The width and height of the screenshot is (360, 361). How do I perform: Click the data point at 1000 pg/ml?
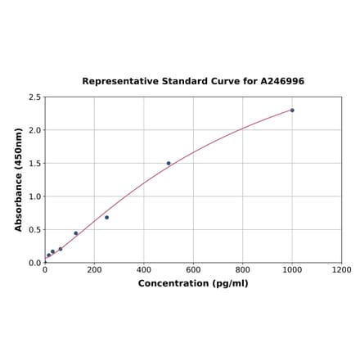pos(292,110)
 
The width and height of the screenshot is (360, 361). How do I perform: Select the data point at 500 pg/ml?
pos(169,163)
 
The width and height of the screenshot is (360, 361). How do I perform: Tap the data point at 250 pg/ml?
pos(106,217)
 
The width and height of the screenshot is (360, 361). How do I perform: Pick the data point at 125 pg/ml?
pos(76,233)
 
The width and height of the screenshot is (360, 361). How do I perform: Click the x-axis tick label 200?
pos(94,270)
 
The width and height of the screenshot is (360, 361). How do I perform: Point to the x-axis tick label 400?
pos(144,270)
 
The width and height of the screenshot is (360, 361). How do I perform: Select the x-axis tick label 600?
pos(193,270)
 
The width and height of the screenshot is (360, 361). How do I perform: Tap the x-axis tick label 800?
pos(243,270)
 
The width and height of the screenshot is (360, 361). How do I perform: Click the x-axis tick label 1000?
pos(292,270)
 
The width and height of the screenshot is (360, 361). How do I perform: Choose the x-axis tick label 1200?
pos(341,270)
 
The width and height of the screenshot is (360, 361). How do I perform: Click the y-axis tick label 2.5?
pos(35,97)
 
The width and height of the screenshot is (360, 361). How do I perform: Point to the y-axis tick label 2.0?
pos(35,130)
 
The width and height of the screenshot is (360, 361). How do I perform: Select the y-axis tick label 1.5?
pos(35,164)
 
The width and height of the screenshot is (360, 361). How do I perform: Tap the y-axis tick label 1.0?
pos(35,196)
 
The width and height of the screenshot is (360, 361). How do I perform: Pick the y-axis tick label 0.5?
pos(35,230)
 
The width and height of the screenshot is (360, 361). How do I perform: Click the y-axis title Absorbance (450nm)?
pos(19,179)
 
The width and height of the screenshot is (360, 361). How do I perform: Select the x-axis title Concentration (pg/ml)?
pos(193,283)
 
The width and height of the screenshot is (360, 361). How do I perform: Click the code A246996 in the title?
pos(282,82)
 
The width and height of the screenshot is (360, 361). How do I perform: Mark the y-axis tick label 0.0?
pos(35,263)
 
